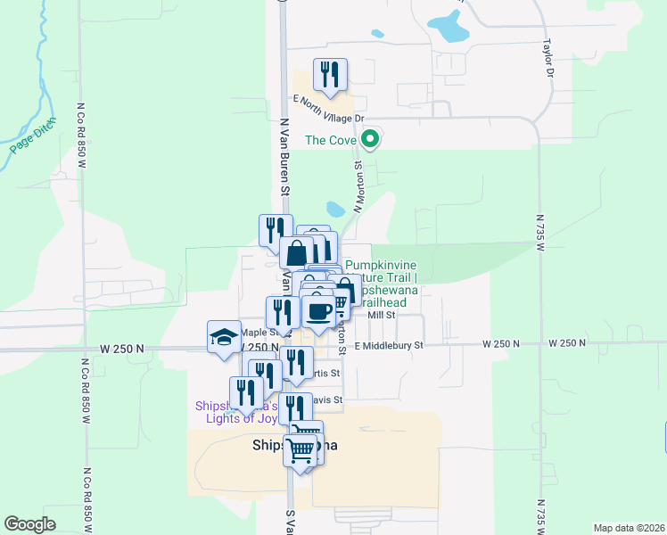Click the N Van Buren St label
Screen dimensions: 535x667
[285, 159]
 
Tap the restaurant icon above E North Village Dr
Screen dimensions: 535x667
[330, 76]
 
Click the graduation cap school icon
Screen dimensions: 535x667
[224, 336]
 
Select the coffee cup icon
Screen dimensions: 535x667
[318, 310]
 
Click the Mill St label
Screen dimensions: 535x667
[381, 315]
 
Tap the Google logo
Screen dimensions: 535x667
[29, 523]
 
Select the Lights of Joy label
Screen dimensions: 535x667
[230, 417]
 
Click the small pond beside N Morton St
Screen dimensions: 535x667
[335, 210]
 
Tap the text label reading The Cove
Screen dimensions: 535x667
[330, 140]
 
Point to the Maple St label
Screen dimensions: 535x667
[242, 333]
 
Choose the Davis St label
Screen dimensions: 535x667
[328, 399]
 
